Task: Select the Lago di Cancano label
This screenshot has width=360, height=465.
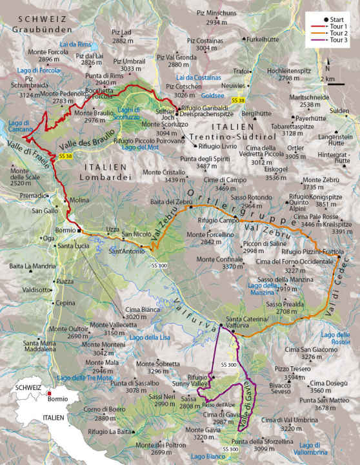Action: click(19, 126)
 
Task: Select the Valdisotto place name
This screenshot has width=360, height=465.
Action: click(36, 290)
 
